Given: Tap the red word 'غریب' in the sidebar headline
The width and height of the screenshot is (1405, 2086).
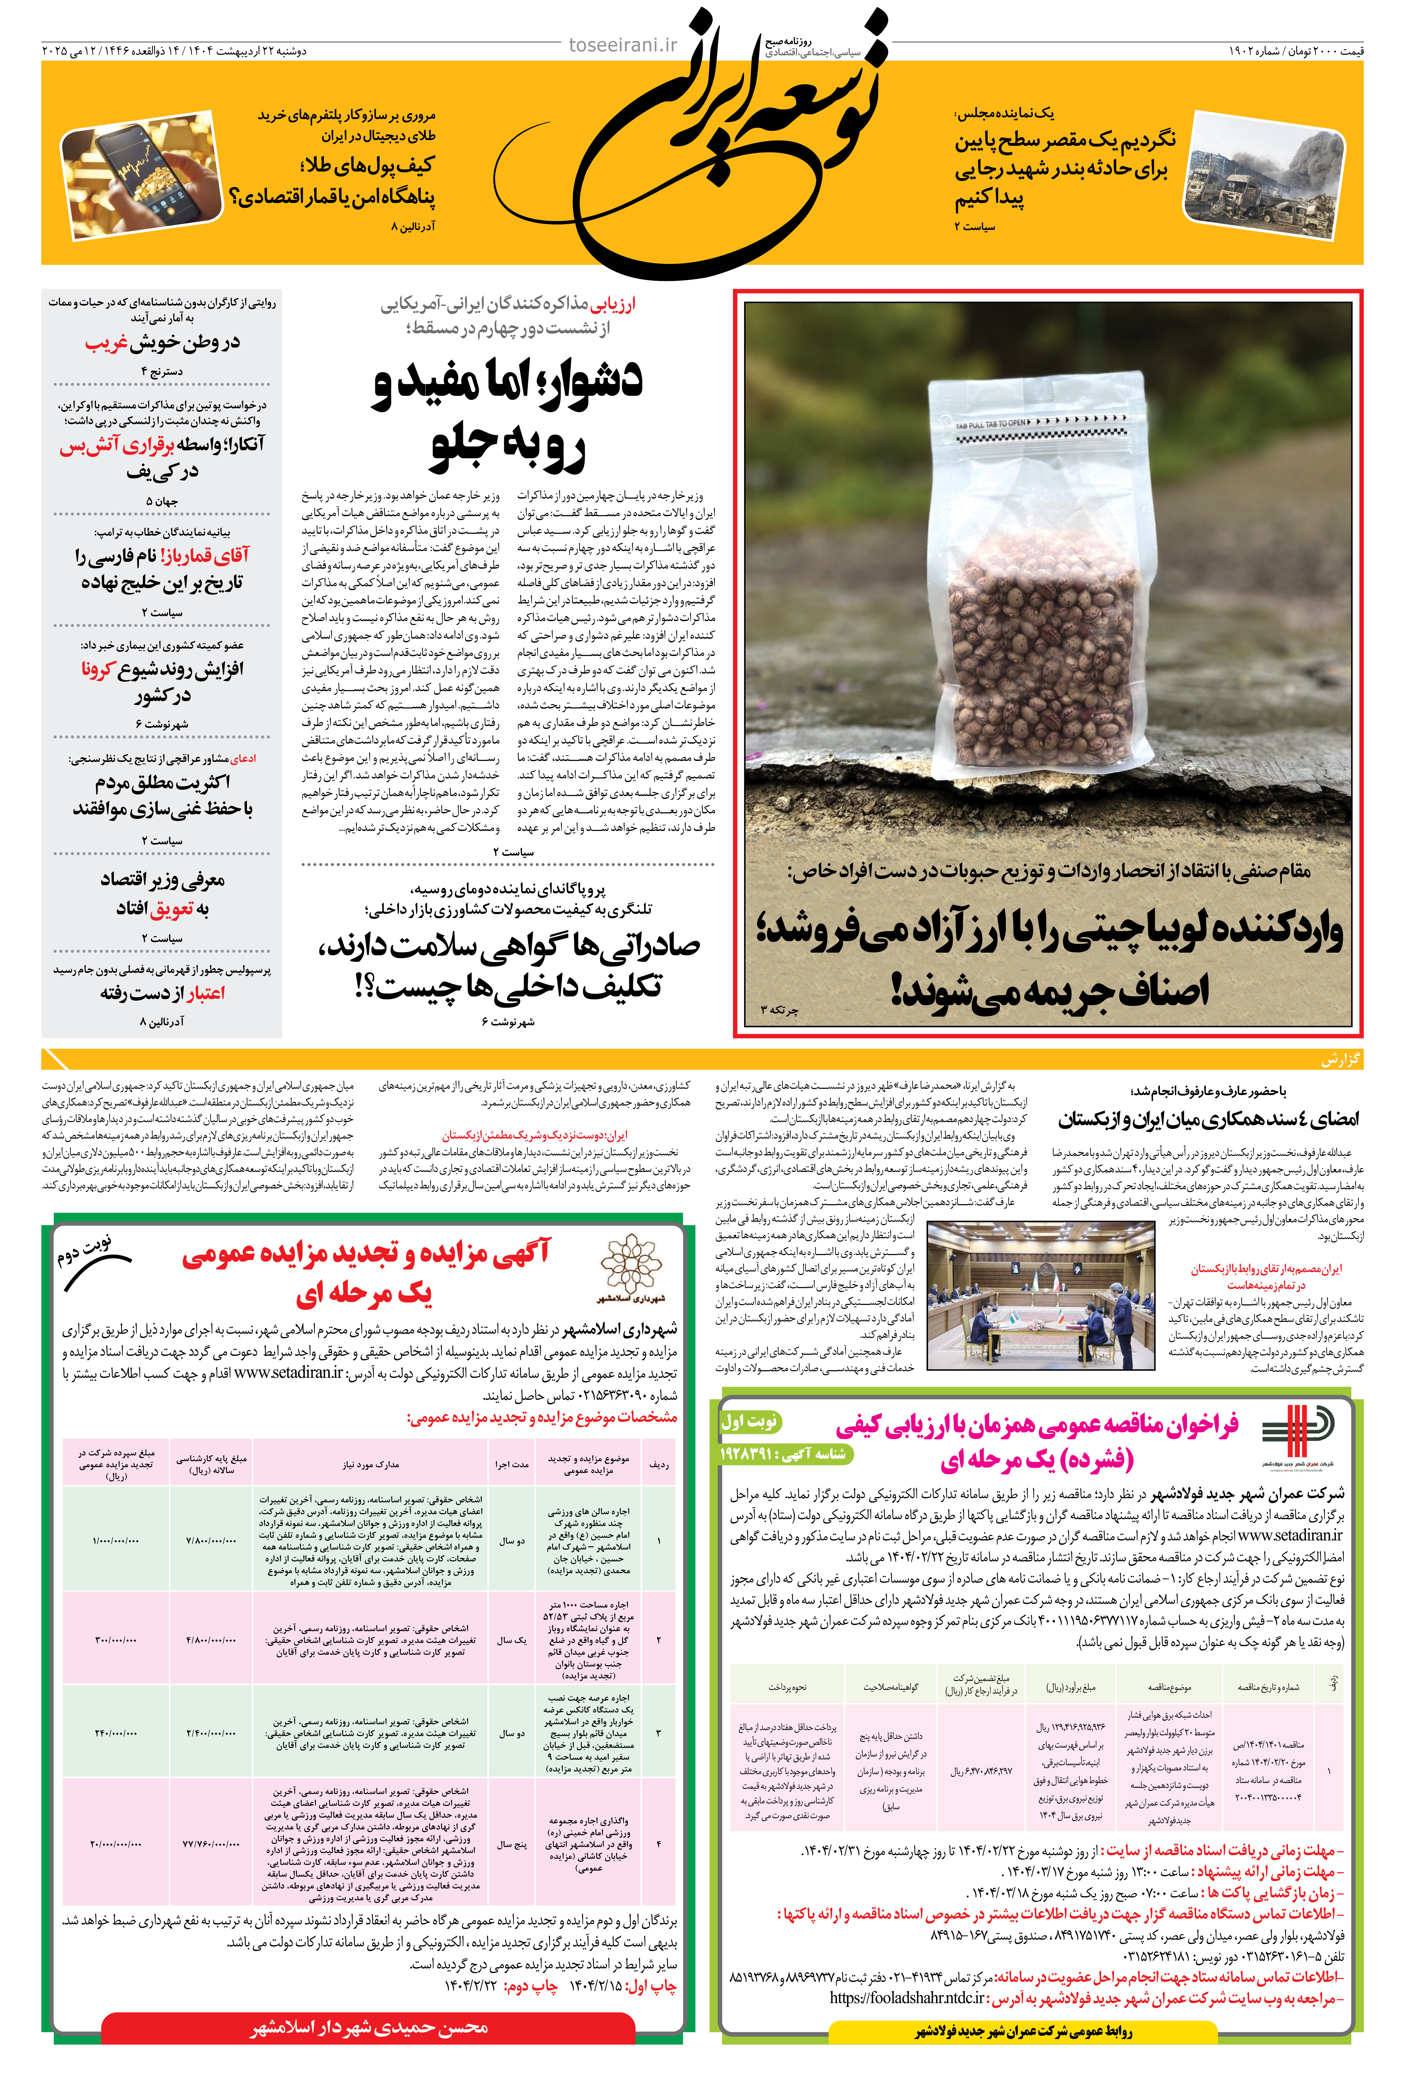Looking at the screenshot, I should coord(106,343).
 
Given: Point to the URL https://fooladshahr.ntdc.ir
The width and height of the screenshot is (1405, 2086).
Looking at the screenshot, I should coord(908,1998).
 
